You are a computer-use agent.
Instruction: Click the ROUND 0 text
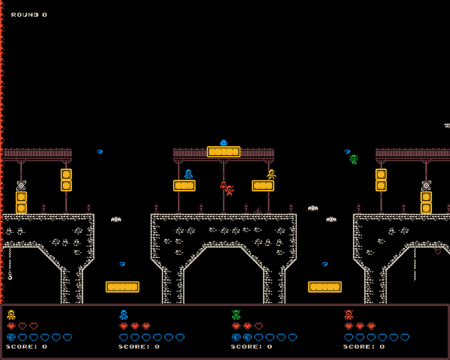click(x=29, y=15)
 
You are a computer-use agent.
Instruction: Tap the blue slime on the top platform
click(x=223, y=143)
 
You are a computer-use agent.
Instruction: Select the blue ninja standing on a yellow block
click(x=188, y=174)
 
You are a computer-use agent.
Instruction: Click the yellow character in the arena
click(x=272, y=174)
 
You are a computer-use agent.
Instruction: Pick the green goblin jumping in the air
click(x=354, y=159)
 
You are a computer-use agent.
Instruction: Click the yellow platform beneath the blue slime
click(x=223, y=152)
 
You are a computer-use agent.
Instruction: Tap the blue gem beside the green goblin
click(x=347, y=152)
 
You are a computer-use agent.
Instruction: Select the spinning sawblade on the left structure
click(x=21, y=185)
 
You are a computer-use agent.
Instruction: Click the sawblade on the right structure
click(x=426, y=185)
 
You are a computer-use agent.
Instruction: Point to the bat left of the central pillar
click(x=116, y=219)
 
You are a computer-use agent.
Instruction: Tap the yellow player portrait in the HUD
click(x=11, y=315)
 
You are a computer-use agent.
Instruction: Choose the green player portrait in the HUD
click(x=236, y=315)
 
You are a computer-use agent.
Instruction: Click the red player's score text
click(x=364, y=347)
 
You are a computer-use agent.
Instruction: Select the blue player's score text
click(x=139, y=347)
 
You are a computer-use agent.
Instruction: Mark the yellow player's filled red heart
click(x=11, y=326)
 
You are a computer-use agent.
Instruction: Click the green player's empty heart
click(x=259, y=326)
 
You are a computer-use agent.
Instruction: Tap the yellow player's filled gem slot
click(x=11, y=337)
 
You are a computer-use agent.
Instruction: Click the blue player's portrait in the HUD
click(x=124, y=315)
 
